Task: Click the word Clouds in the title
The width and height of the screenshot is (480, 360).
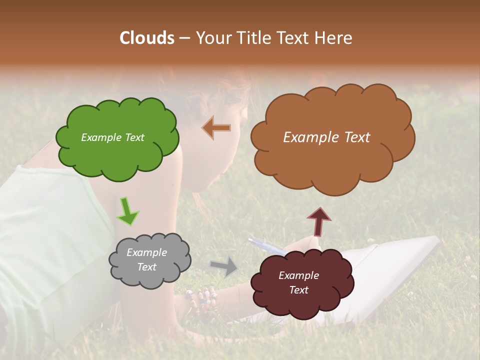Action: point(147,38)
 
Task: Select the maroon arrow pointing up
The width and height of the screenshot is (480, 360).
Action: point(319,221)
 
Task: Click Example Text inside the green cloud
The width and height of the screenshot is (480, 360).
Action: point(112,137)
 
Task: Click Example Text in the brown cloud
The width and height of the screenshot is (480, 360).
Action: point(326,137)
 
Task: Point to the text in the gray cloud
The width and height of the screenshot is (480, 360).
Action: point(146,259)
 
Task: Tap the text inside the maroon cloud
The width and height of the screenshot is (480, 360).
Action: point(298,282)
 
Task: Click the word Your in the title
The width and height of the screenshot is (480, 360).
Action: point(214,38)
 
